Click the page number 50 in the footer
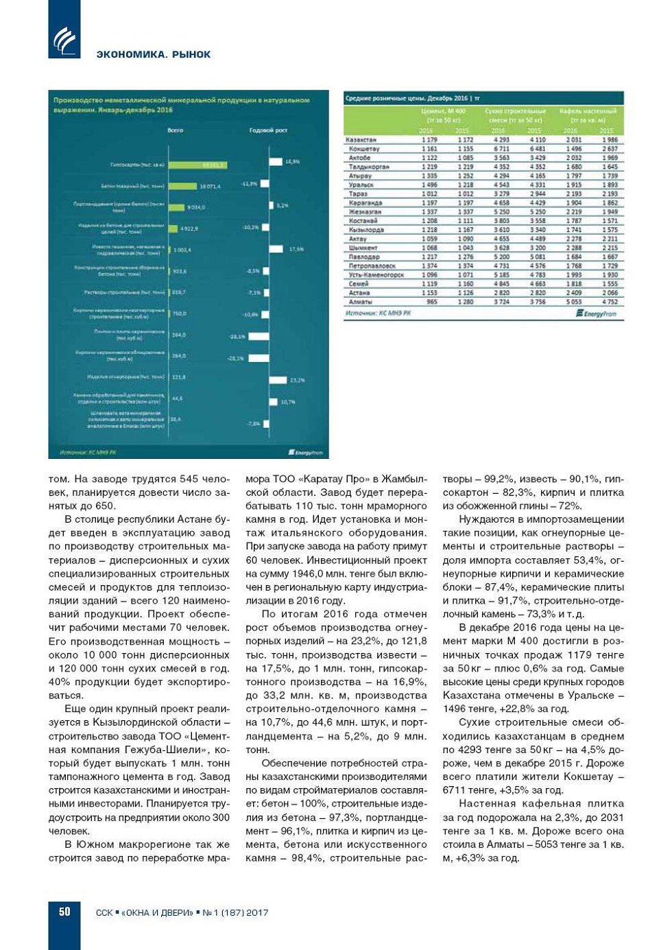point(64,912)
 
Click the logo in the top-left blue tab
point(64,40)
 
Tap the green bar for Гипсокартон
point(197,165)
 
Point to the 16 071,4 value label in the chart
point(210,186)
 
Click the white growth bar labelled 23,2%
point(278,379)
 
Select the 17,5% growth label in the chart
point(296,249)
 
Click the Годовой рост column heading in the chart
point(268,130)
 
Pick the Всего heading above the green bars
point(176,130)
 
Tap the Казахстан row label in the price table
point(361,140)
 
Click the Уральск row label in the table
point(361,185)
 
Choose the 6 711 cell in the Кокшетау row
point(501,149)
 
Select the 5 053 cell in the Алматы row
point(573,302)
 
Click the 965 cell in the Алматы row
point(432,302)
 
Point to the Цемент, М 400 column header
point(443,110)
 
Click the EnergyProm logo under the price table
point(597,313)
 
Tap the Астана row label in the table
point(360,293)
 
